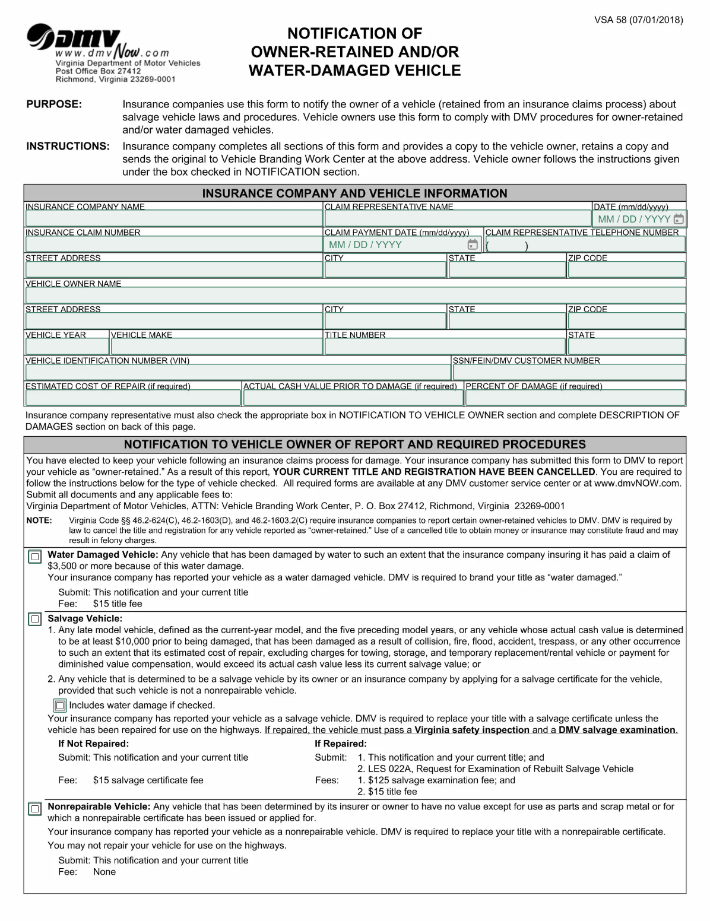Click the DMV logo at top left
tap(74, 42)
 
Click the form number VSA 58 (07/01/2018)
tap(638, 20)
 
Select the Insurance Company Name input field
tap(173, 218)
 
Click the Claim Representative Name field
tap(457, 218)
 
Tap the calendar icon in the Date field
tap(679, 219)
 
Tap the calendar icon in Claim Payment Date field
tap(473, 244)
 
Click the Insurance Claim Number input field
tap(173, 244)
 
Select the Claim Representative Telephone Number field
tap(585, 244)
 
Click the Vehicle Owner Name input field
tap(355, 296)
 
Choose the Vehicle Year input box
tap(66, 347)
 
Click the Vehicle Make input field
tap(216, 347)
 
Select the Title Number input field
tap(445, 347)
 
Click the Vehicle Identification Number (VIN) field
tap(237, 372)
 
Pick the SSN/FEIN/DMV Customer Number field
tap(569, 372)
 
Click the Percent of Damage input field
tap(575, 398)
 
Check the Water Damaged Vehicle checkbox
tap(35, 557)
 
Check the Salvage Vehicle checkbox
tap(35, 620)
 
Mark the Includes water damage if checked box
tap(60, 706)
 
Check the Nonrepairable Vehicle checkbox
tap(35, 809)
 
